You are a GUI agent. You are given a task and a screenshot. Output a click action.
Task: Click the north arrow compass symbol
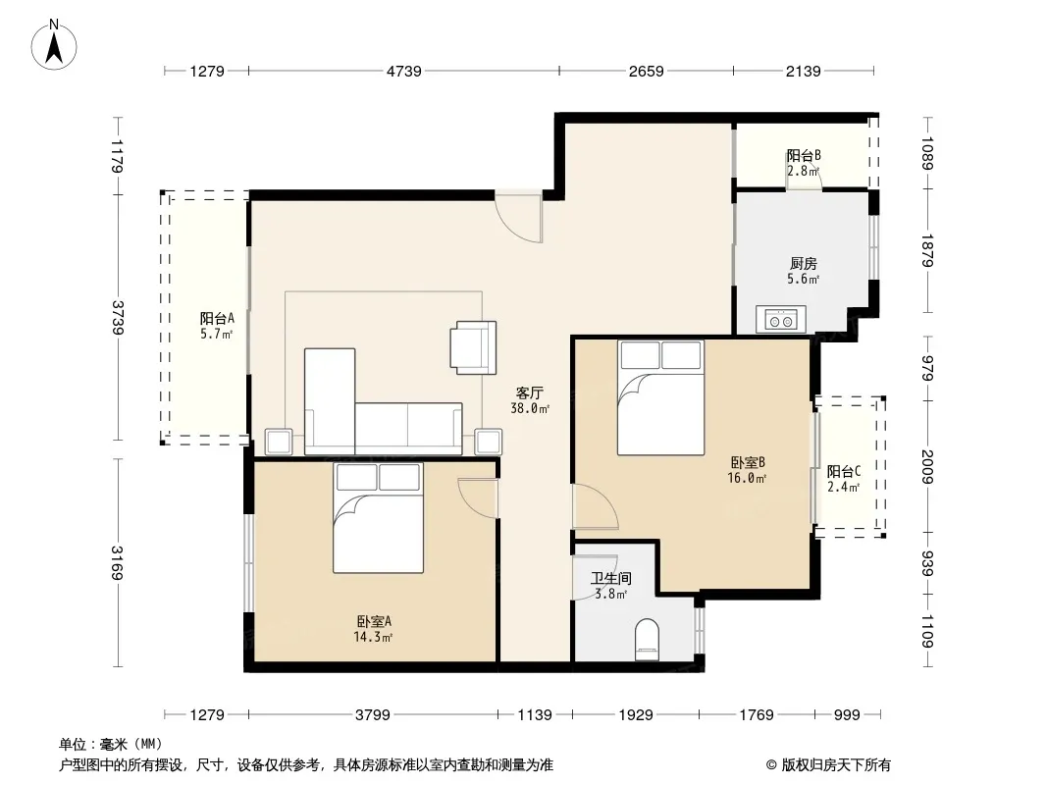click(x=54, y=44)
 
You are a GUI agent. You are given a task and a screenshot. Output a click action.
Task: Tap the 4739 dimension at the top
click(x=403, y=71)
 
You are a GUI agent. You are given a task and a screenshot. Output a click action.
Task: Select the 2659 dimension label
click(x=646, y=71)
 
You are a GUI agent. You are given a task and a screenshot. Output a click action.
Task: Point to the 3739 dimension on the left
click(x=118, y=318)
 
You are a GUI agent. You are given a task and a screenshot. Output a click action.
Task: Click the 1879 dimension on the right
click(x=927, y=251)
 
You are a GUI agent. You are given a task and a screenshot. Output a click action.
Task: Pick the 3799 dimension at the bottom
click(x=372, y=715)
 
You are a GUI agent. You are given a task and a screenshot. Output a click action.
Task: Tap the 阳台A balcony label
click(x=217, y=318)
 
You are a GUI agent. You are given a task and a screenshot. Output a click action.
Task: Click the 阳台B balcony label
click(x=804, y=155)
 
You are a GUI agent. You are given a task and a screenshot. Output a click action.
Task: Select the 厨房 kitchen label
click(x=804, y=264)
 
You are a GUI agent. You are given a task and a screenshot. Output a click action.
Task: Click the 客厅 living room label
click(x=530, y=392)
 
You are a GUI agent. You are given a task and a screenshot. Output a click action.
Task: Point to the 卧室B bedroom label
click(x=747, y=462)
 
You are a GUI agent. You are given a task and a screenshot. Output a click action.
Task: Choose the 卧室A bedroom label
click(x=374, y=621)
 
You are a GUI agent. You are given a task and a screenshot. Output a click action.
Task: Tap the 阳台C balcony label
click(x=844, y=471)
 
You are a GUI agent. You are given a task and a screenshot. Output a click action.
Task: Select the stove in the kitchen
click(x=780, y=320)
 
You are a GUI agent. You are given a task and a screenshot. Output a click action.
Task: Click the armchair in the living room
click(x=473, y=347)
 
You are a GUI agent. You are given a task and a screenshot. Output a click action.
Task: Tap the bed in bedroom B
click(x=660, y=397)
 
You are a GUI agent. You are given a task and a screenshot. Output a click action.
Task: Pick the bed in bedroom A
click(x=378, y=517)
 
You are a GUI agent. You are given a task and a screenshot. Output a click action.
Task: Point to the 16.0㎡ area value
click(x=747, y=478)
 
